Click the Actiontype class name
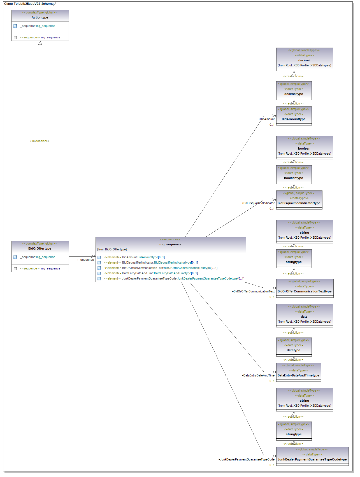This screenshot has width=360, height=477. [x=40, y=17]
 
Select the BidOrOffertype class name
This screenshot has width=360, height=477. [x=40, y=248]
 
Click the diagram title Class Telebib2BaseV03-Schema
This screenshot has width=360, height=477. [x=29, y=4]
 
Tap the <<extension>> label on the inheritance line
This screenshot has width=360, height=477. [x=40, y=141]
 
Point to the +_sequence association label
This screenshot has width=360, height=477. [x=85, y=260]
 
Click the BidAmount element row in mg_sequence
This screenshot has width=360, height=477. [x=134, y=257]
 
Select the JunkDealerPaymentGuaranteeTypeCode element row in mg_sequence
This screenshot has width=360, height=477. [x=174, y=278]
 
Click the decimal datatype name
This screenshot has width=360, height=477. [x=304, y=60]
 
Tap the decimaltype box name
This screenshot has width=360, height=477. [x=294, y=94]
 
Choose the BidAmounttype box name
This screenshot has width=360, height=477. [x=294, y=119]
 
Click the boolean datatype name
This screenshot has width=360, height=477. [x=304, y=148]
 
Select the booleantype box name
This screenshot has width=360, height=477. [x=294, y=178]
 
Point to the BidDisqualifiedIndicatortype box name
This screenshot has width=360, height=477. [x=299, y=203]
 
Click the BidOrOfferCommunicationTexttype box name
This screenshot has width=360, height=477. [x=305, y=291]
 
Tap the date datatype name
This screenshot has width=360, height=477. [x=304, y=317]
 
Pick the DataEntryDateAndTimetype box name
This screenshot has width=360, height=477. [x=298, y=375]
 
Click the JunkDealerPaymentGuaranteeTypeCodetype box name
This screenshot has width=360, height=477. [x=312, y=459]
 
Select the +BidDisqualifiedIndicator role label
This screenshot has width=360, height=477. [x=258, y=203]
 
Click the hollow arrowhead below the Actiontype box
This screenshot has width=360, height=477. [x=40, y=43]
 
